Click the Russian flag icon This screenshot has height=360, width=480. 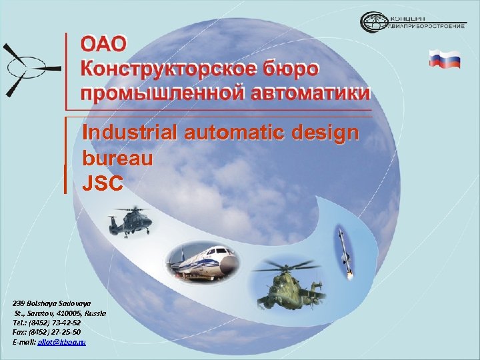(x=445, y=59)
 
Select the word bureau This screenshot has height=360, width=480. (x=117, y=159)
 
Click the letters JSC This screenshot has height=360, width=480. (x=103, y=183)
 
